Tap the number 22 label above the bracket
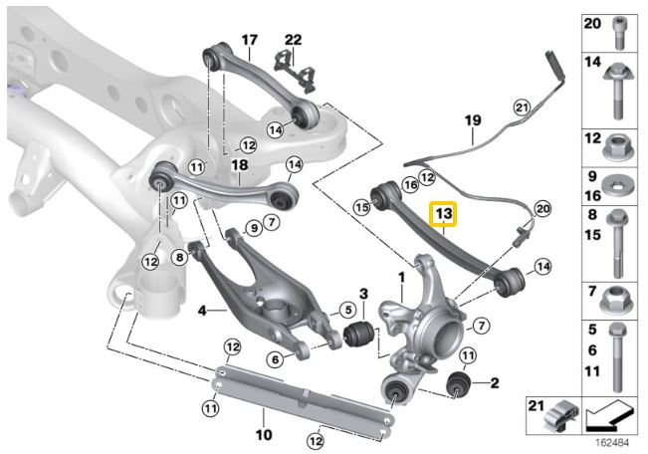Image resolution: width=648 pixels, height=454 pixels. pos(293,40)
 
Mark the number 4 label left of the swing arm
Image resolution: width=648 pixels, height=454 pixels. pos(201,311)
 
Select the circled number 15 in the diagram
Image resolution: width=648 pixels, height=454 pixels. pos(362,207)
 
